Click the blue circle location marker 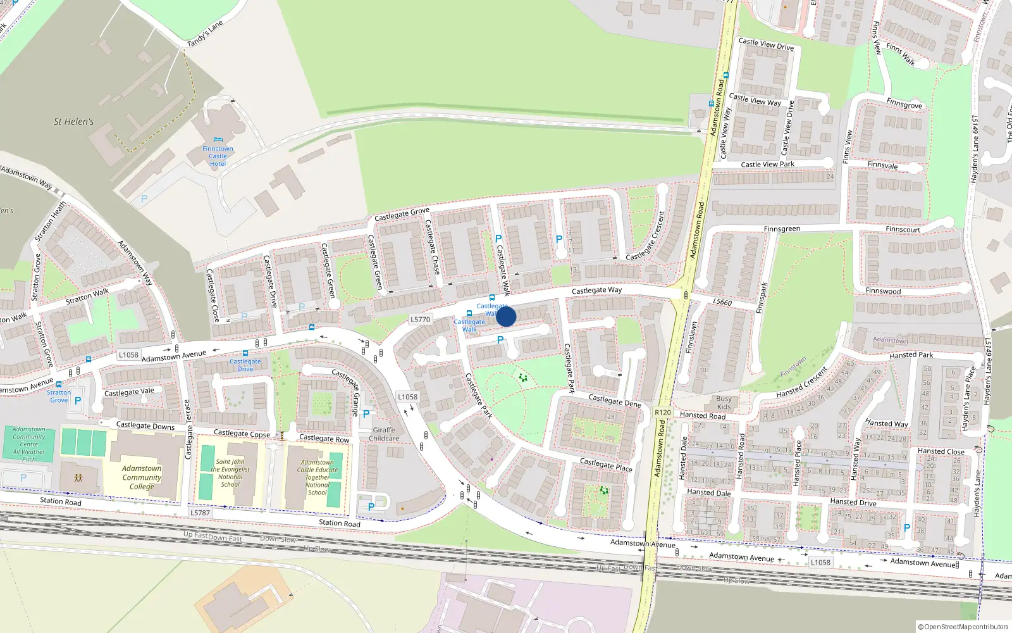tap(506, 316)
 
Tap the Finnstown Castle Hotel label tap(218, 156)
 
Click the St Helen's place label tap(73, 122)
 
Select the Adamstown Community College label tap(142, 477)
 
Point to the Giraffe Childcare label tap(384, 434)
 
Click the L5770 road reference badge tap(421, 320)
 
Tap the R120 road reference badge tap(663, 412)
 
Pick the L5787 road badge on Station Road tap(200, 513)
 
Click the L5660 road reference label tap(722, 302)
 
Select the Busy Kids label tap(724, 403)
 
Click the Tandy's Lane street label tap(205, 34)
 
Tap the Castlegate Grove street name tap(402, 214)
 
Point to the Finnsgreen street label tap(782, 229)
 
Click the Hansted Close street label tap(941, 452)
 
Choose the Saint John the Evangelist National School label tap(230, 473)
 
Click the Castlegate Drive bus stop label tap(245, 365)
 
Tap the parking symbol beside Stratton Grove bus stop tap(78, 401)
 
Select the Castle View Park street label tap(767, 165)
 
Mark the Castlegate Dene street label tap(615, 401)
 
